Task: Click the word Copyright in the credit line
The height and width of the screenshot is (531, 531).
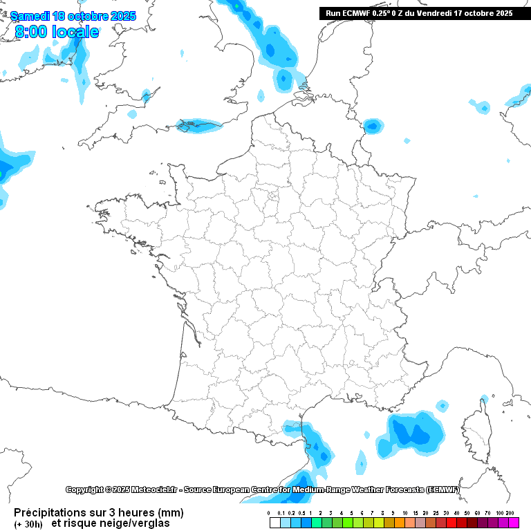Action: coord(84,490)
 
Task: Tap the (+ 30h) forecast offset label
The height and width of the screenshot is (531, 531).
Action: coord(28,523)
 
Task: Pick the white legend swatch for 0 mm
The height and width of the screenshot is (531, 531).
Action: coord(274,523)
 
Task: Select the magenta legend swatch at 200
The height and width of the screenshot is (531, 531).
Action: coord(513,523)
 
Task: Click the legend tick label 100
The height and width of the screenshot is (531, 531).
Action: coord(499,513)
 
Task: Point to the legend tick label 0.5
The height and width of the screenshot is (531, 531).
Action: coord(301,513)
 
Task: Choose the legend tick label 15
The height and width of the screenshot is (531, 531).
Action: coord(415,513)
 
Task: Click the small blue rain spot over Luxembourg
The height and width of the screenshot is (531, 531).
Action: coord(373,125)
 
